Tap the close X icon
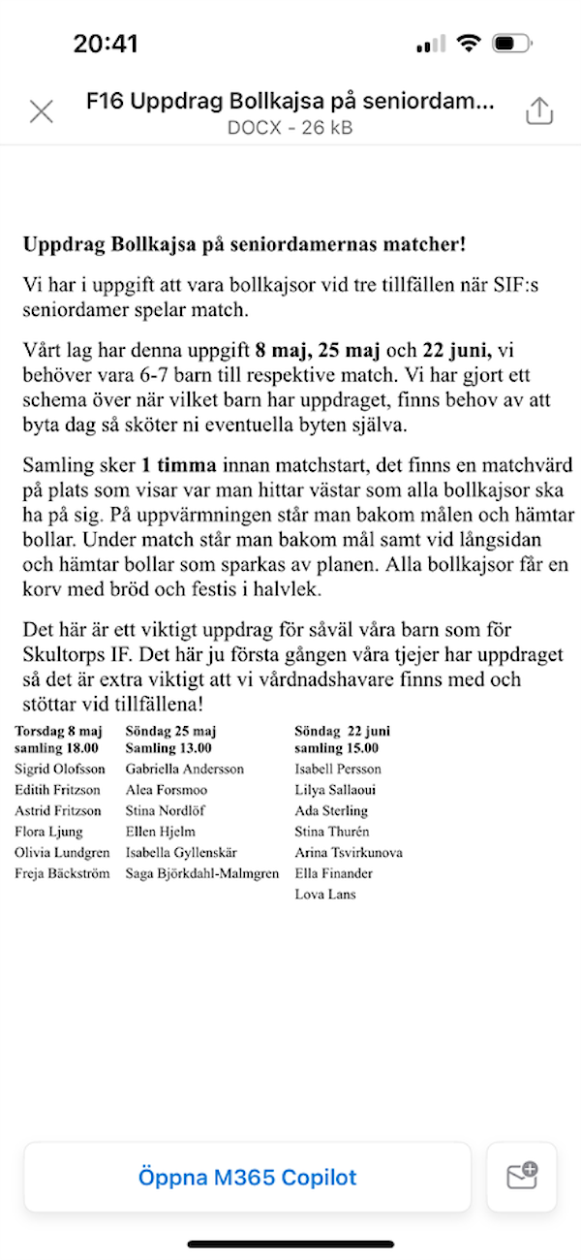(x=42, y=111)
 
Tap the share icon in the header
(x=538, y=111)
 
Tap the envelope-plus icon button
(x=522, y=1177)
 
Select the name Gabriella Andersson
(x=185, y=769)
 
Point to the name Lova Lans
(x=325, y=895)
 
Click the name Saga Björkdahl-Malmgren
(x=202, y=873)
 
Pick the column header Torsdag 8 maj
(x=58, y=731)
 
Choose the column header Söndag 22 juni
(x=343, y=731)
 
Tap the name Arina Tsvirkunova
(x=349, y=853)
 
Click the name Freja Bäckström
(x=62, y=873)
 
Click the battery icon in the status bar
(x=509, y=44)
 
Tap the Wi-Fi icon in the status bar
(x=470, y=44)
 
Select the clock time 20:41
(x=106, y=44)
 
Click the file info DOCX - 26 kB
(x=290, y=127)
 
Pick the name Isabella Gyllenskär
(x=182, y=853)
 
